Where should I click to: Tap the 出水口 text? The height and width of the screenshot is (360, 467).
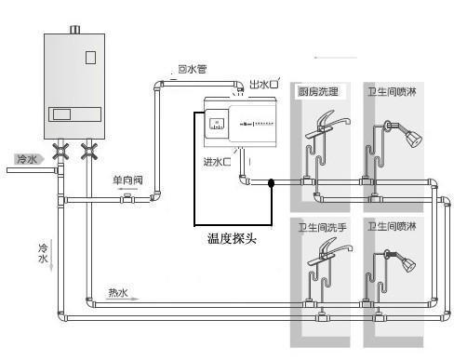[x=263, y=85]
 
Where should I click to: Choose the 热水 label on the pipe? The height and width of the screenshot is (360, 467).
[x=118, y=292]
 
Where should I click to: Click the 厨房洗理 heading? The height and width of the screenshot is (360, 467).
[x=319, y=91]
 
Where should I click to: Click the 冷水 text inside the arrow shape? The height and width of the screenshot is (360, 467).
[x=26, y=160]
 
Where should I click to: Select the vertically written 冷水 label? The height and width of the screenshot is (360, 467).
[x=42, y=253]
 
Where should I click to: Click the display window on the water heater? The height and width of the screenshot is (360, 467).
[x=64, y=113]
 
